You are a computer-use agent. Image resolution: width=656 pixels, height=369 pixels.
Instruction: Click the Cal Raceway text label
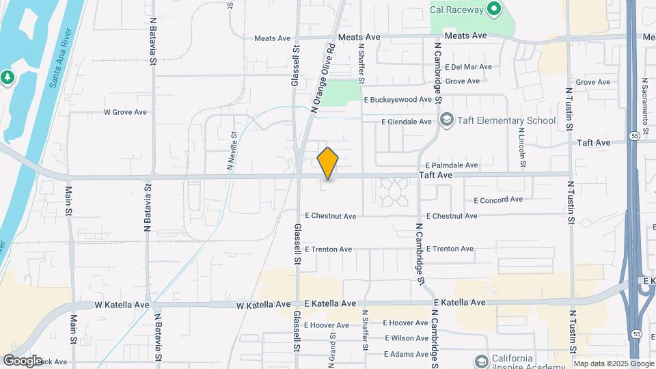pyautogui.click(x=456, y=10)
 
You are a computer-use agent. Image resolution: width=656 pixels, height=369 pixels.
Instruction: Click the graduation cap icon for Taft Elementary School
pyautogui.click(x=446, y=120)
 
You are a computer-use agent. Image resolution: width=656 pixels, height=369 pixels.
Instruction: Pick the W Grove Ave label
pyautogui.click(x=125, y=112)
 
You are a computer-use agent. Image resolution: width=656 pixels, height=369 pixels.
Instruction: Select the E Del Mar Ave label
pyautogui.click(x=468, y=67)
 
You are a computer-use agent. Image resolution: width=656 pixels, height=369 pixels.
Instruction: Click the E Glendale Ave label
pyautogui.click(x=407, y=122)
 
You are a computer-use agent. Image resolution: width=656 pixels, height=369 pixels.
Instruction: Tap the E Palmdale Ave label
pyautogui.click(x=451, y=165)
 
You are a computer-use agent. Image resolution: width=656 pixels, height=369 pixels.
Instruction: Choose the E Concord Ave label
pyautogui.click(x=498, y=200)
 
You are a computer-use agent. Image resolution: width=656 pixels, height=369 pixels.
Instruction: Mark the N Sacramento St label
pyautogui.click(x=644, y=99)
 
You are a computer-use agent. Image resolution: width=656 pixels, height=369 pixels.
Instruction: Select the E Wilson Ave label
pyautogui.click(x=406, y=338)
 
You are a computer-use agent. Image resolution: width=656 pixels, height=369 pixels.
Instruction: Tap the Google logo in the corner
pyautogui.click(x=22, y=361)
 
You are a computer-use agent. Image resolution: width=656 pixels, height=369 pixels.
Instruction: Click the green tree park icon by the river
pyautogui.click(x=8, y=77)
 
